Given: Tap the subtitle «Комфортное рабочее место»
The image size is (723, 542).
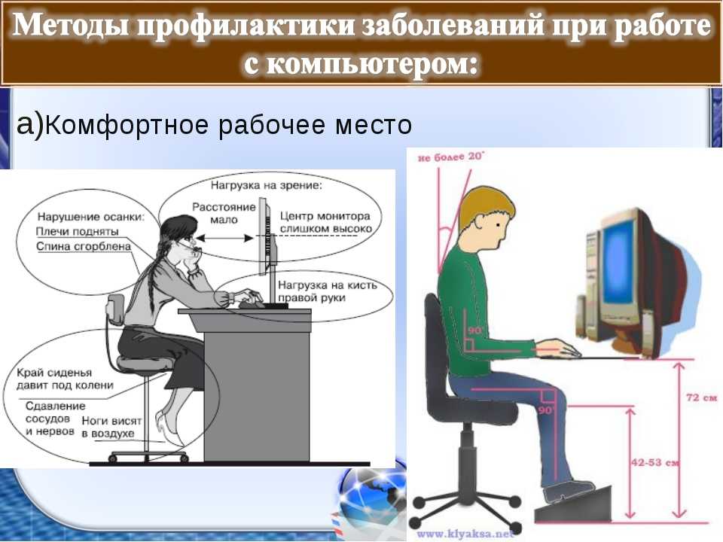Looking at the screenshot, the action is point(228,124).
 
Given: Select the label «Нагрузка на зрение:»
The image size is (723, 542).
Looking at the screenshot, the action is point(267,185).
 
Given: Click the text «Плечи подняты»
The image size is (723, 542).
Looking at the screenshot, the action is point(77,231).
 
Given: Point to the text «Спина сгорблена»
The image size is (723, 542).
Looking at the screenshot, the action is point(84,246).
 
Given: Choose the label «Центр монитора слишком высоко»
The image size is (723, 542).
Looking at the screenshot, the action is point(325,222).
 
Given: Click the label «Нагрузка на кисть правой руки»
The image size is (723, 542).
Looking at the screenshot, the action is point(328,291).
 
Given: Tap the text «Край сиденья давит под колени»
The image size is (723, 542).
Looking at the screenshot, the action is point(65,379).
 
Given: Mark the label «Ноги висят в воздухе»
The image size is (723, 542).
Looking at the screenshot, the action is point(111,427).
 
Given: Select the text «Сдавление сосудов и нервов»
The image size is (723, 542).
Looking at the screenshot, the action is point(50,419).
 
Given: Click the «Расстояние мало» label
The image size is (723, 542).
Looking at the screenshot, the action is point(224,213).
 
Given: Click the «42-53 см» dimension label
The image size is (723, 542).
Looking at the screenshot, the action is point(654,462).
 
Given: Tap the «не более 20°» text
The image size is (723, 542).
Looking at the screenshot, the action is point(451,157).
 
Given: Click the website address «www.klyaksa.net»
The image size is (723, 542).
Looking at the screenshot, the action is point(465,534).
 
